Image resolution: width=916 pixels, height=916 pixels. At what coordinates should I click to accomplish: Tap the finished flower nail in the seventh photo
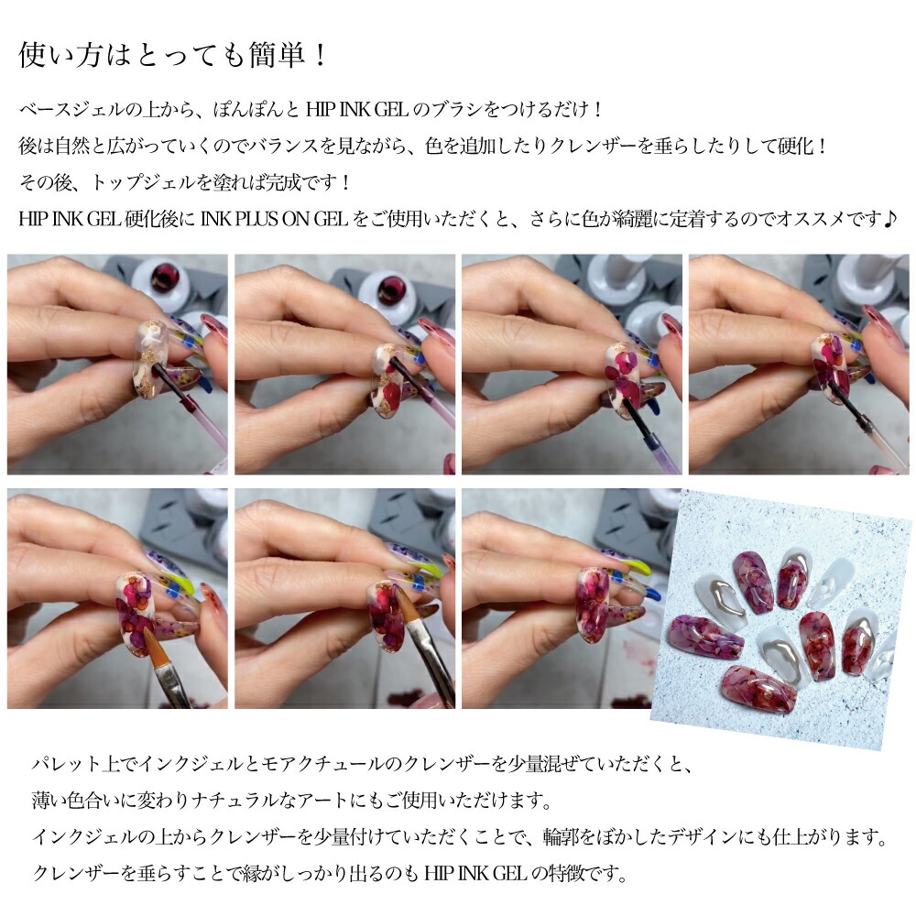pyautogui.click(x=594, y=605)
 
